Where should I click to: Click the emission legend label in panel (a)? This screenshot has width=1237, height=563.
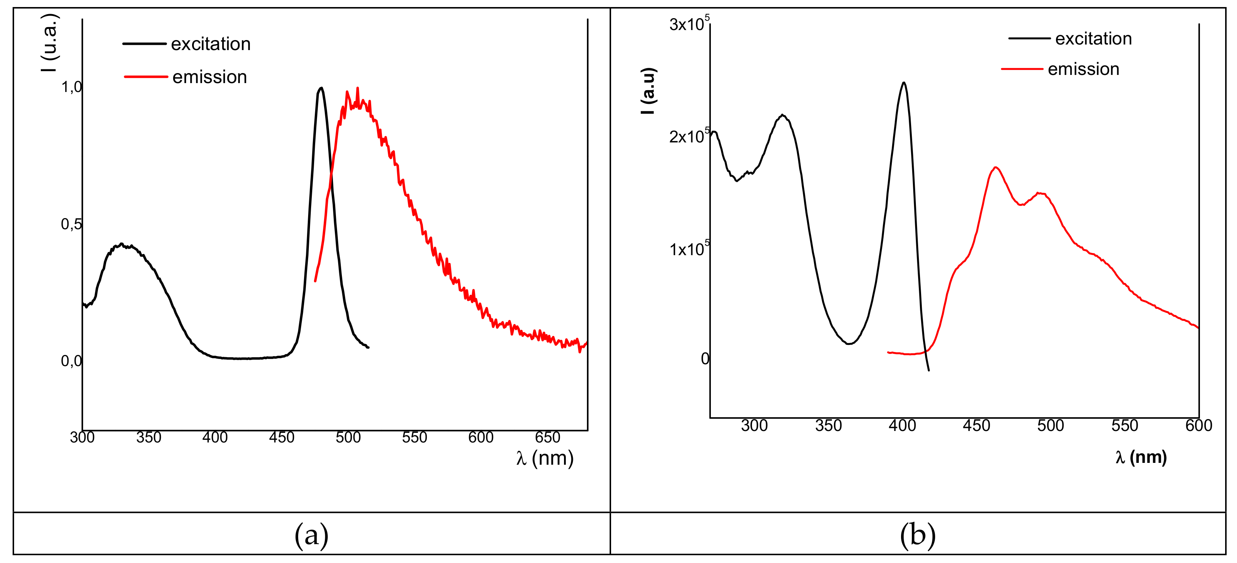(210, 77)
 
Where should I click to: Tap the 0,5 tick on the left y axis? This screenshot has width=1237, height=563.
(71, 224)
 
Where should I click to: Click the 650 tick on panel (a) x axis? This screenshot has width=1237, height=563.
(547, 437)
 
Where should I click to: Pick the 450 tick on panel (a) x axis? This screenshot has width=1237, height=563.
(281, 437)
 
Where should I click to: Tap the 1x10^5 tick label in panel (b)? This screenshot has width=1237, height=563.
(689, 249)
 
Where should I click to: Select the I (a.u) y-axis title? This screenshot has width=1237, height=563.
(648, 91)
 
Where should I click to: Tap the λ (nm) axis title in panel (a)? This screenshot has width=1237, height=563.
(545, 458)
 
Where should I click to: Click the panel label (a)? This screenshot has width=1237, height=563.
(311, 535)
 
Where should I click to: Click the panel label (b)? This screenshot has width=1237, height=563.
(917, 535)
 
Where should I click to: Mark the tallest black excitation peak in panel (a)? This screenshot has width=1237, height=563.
(321, 88)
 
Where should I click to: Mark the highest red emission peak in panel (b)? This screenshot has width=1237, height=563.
(996, 168)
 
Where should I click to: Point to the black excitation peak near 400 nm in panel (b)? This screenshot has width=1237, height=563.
(904, 83)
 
